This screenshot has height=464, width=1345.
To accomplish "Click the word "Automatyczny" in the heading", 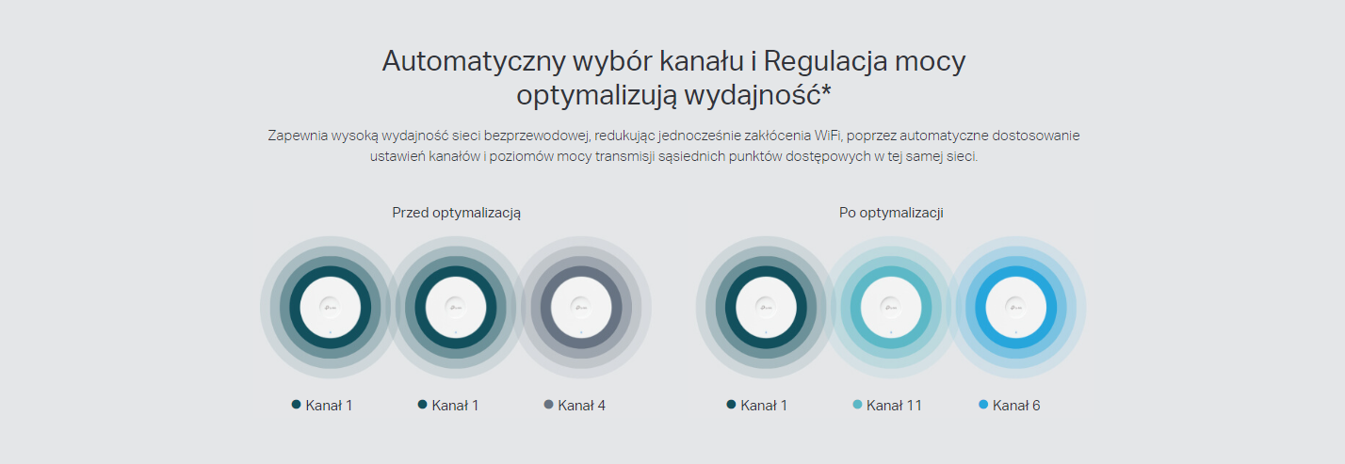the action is tap(474, 62).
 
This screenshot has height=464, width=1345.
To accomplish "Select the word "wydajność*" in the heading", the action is tap(758, 96).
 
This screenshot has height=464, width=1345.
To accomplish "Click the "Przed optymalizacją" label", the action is tap(456, 213).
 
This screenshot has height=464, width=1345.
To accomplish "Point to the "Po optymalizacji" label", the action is tap(891, 213).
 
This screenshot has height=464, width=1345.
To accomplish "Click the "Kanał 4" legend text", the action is tap(581, 406).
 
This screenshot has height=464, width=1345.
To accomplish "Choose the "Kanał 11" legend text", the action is tap(894, 406).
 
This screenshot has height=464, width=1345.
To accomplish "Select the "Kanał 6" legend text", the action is tap(1016, 406).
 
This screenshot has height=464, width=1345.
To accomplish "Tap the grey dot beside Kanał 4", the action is tap(548, 405).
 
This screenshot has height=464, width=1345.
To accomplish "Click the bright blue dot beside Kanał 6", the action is tap(983, 405).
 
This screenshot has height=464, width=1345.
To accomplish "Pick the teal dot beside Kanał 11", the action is tap(857, 405).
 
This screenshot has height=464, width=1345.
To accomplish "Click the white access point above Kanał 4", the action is tap(581, 308).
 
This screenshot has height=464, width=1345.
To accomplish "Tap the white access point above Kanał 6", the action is tap(1016, 308).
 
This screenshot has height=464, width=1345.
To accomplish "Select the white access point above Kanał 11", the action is tap(891, 308).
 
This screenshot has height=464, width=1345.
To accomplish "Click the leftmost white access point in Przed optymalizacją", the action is tap(331, 308).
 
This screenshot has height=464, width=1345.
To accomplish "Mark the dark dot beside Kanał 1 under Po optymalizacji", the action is tap(731, 405).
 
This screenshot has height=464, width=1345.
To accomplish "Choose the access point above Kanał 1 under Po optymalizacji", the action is tap(766, 308).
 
